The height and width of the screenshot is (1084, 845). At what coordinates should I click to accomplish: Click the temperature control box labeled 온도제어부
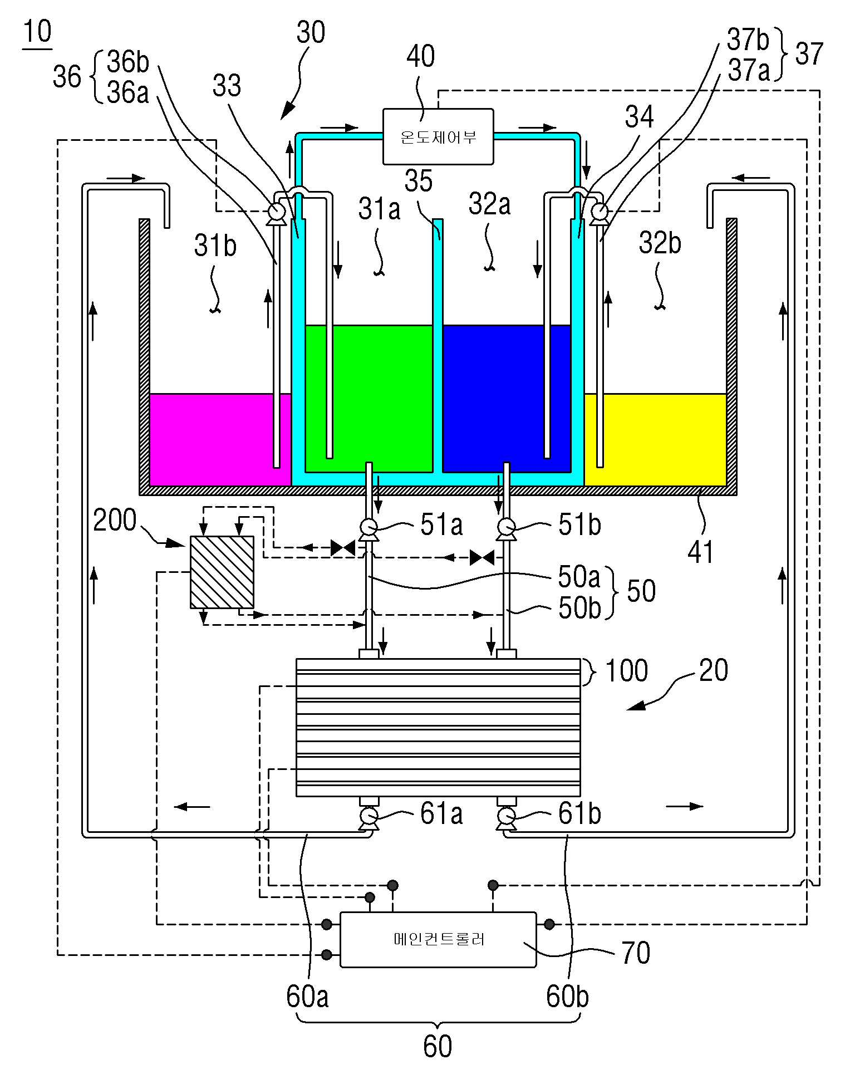point(438,136)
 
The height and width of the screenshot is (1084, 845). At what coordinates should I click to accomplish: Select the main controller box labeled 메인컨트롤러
point(438,939)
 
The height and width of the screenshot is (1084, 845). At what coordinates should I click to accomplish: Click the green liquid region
point(369,398)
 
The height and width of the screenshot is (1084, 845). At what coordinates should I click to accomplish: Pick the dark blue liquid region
point(507,398)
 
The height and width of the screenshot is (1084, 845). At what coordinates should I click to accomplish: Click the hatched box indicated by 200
point(222,572)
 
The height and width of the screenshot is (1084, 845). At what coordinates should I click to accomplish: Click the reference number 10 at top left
point(37,32)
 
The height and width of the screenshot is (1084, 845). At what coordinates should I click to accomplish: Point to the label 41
point(700,552)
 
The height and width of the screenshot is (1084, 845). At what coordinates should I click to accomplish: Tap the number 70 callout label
point(636,953)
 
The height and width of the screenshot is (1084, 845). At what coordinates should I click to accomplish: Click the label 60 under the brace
point(438,1047)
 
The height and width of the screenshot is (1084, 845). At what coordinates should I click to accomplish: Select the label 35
point(419,181)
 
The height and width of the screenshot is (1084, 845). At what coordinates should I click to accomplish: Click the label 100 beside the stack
point(626,670)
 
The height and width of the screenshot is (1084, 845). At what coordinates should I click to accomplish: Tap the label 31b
point(215,245)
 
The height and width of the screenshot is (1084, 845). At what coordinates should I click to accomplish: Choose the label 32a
point(489,204)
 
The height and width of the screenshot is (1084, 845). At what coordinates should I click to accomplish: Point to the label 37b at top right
point(748,40)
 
